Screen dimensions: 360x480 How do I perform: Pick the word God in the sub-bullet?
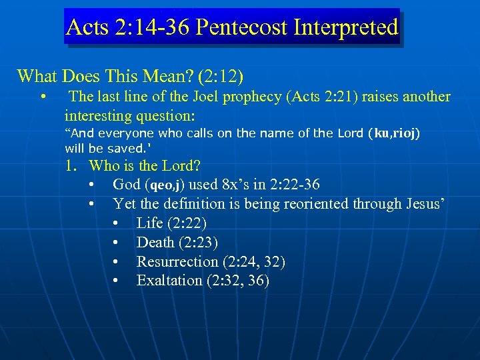(126, 185)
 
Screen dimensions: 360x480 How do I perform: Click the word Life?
(150, 223)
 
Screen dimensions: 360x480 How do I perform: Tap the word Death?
(155, 242)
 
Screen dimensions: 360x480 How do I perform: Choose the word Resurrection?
(177, 261)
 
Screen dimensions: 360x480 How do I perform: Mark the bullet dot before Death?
(116, 243)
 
